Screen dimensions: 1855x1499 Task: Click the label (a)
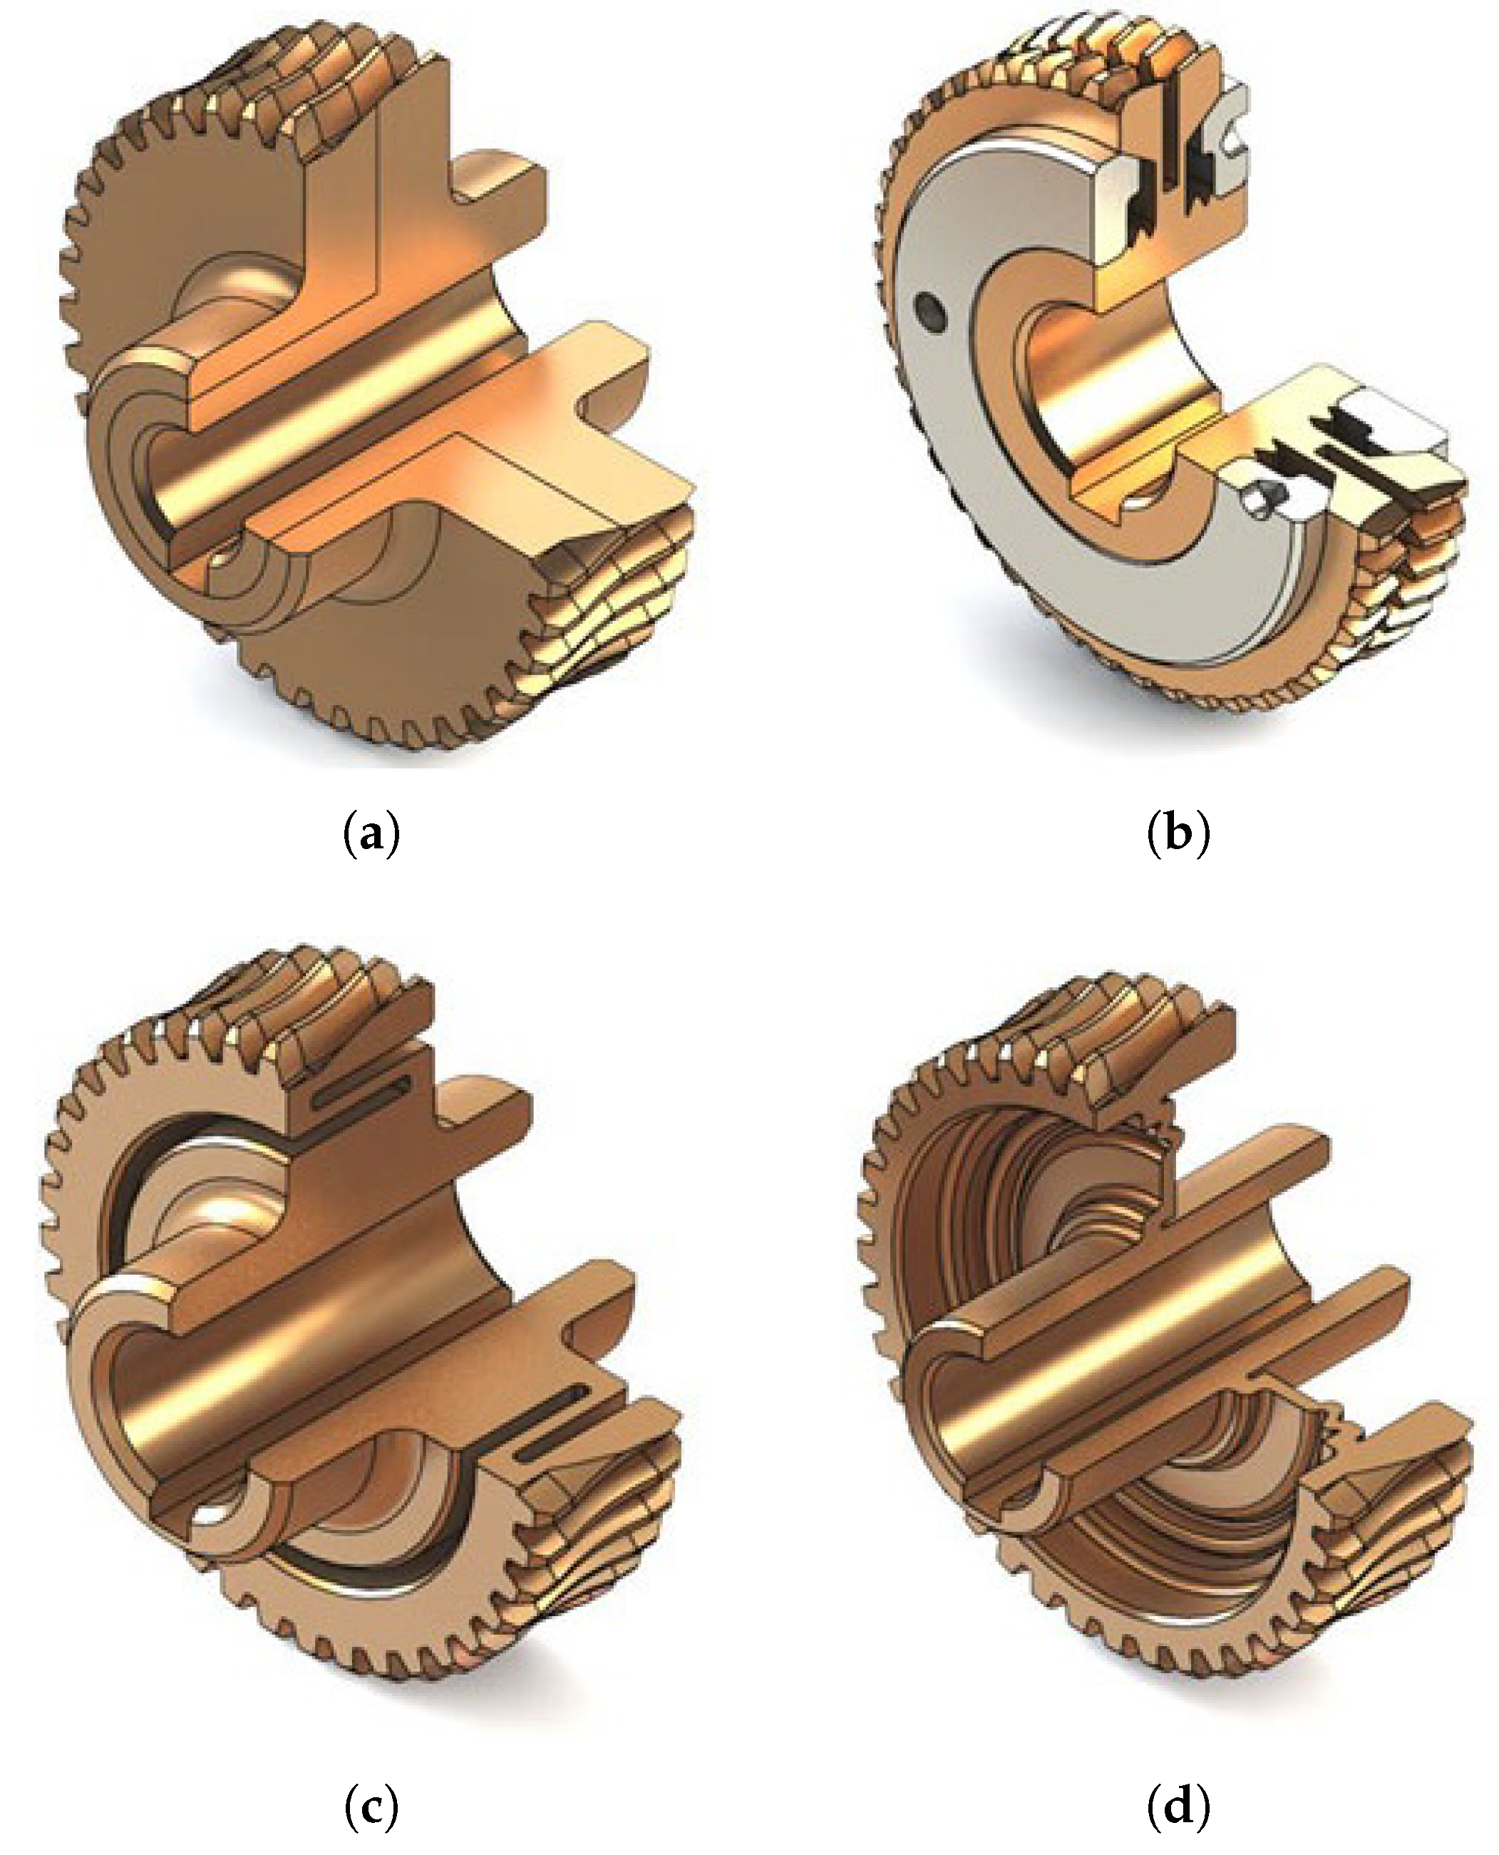click(372, 836)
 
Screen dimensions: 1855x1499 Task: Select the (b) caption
click(1179, 836)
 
